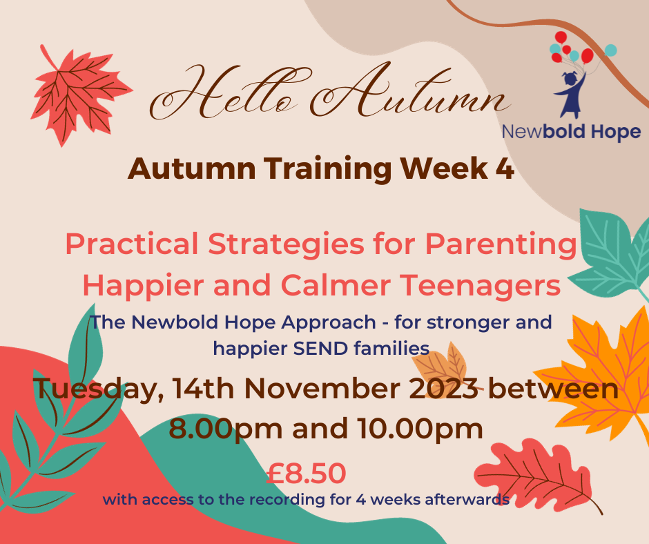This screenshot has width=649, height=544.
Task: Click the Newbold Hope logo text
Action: tap(571, 132)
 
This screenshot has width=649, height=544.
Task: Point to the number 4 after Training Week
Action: tap(505, 168)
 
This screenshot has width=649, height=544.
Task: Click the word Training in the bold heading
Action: tap(327, 170)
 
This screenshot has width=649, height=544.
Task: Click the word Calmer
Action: tap(336, 285)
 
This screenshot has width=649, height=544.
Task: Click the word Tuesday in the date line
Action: tap(99, 389)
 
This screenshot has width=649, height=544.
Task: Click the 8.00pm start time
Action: tap(226, 429)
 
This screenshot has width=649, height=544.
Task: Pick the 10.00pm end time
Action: tap(420, 429)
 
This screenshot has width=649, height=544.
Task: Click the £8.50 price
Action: tap(306, 473)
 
